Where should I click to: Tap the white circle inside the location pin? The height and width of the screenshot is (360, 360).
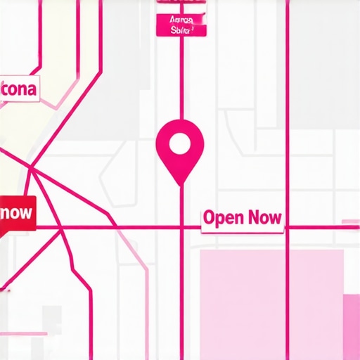pyautogui.click(x=180, y=144)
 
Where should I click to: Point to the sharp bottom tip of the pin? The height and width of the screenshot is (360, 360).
pyautogui.click(x=181, y=185)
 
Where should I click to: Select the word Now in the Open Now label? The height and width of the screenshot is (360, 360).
pyautogui.click(x=264, y=218)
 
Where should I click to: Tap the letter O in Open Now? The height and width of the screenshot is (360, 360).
pyautogui.click(x=209, y=218)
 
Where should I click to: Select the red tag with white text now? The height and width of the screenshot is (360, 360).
pyautogui.click(x=17, y=212)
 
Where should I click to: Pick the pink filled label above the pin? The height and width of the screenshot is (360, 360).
pyautogui.click(x=181, y=25)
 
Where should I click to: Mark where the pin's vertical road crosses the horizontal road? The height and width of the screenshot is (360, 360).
pyautogui.click(x=181, y=228)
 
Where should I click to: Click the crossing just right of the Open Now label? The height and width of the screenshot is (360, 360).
pyautogui.click(x=287, y=228)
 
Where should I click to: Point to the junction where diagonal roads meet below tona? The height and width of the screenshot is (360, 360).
pyautogui.click(x=32, y=167)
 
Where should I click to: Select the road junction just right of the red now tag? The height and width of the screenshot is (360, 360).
pyautogui.click(x=62, y=228)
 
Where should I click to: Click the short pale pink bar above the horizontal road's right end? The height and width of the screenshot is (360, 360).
pyautogui.click(x=350, y=222)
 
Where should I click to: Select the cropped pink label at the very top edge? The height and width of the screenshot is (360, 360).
pyautogui.click(x=181, y=2)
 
